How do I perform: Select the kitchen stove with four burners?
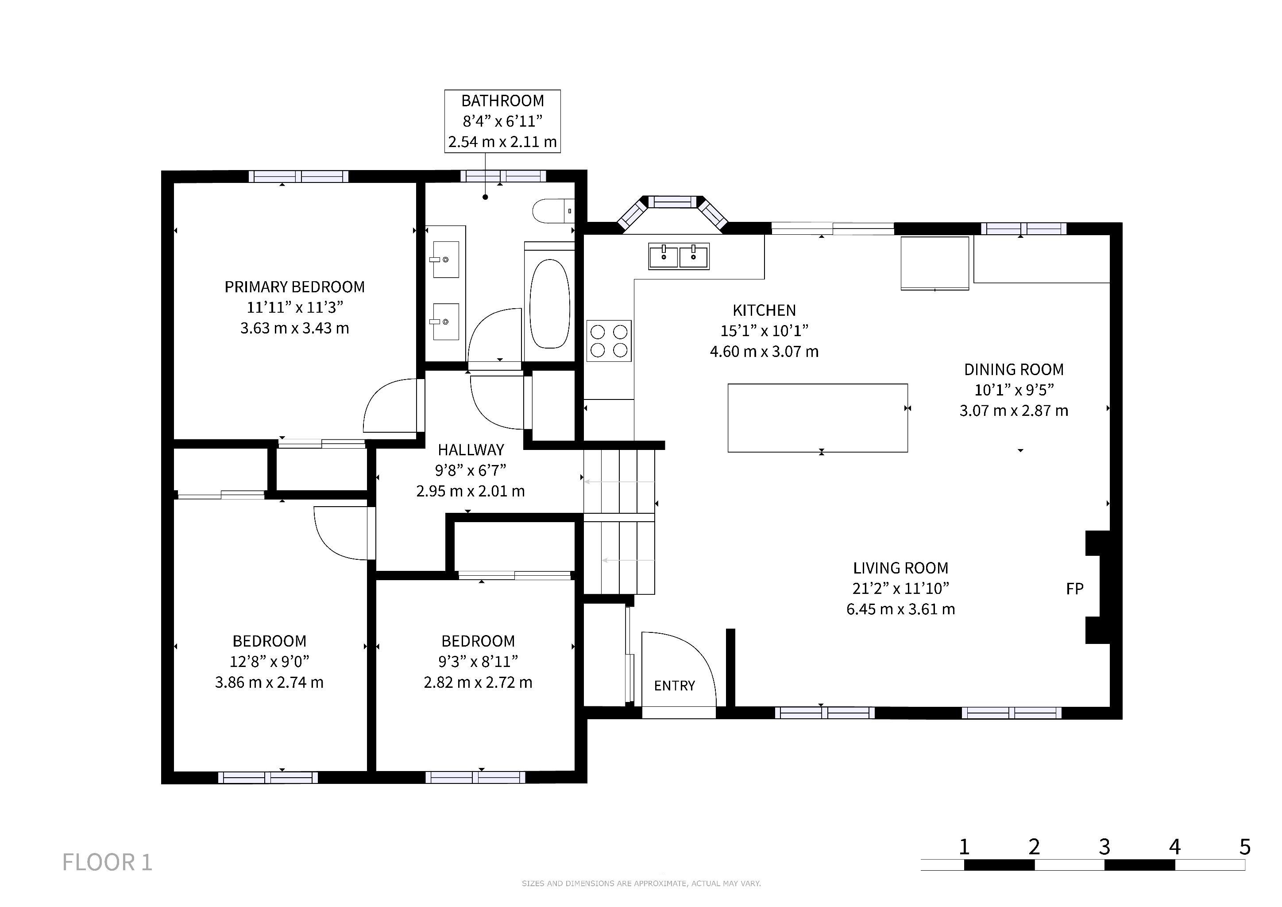(x=609, y=341)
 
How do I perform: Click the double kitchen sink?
(x=679, y=256)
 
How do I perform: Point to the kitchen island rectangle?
(x=818, y=418)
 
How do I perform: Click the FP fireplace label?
(x=1075, y=589)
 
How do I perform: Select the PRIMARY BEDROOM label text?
(x=295, y=287)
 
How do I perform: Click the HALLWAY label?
(x=471, y=450)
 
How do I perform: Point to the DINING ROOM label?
(x=1014, y=370)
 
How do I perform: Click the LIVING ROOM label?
(x=901, y=568)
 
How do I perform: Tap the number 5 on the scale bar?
(x=1244, y=847)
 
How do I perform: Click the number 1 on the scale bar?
(x=964, y=847)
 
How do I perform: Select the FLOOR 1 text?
(x=107, y=862)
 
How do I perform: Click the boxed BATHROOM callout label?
(x=502, y=121)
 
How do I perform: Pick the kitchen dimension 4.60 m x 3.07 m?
(x=765, y=352)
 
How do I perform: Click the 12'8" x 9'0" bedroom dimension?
(x=269, y=661)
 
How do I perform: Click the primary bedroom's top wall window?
(x=298, y=177)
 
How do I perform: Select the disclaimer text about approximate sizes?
(x=641, y=884)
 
